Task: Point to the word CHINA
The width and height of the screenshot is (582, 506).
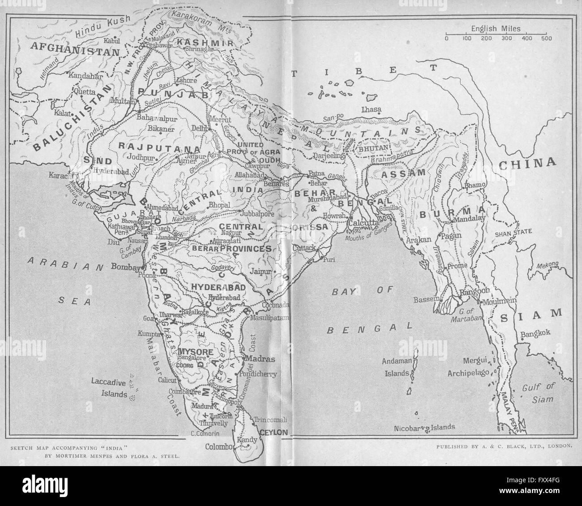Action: pos(527,163)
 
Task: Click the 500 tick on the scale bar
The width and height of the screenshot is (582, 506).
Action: pos(546,38)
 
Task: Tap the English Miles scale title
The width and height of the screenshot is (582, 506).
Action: pos(496,29)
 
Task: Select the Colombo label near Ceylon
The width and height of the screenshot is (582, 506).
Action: pos(218,446)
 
